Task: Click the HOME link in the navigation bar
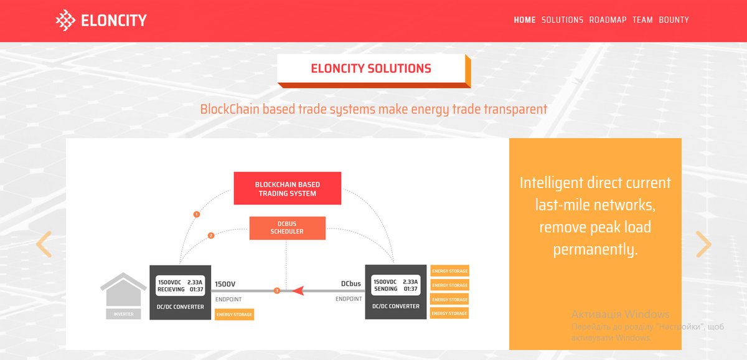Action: click(x=524, y=20)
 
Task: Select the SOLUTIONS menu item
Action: click(x=562, y=20)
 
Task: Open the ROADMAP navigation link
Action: click(x=608, y=20)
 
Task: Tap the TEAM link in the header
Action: click(x=642, y=20)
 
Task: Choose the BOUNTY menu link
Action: click(x=674, y=20)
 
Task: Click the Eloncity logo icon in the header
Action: click(x=65, y=21)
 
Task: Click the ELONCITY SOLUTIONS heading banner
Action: click(x=371, y=69)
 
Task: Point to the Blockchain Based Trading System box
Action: click(x=288, y=189)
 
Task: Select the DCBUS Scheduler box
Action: click(x=287, y=228)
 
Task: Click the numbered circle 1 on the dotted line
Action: click(x=197, y=214)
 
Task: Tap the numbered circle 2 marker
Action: click(x=211, y=235)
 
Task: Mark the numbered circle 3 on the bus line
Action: click(x=277, y=291)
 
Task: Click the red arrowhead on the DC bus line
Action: click(x=298, y=291)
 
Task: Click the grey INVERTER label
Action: click(x=123, y=314)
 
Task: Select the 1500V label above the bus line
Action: click(x=225, y=284)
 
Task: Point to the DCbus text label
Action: click(x=350, y=284)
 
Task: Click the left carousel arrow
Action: click(x=44, y=244)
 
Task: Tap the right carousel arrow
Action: click(x=703, y=244)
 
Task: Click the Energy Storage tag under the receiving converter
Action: click(x=234, y=315)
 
